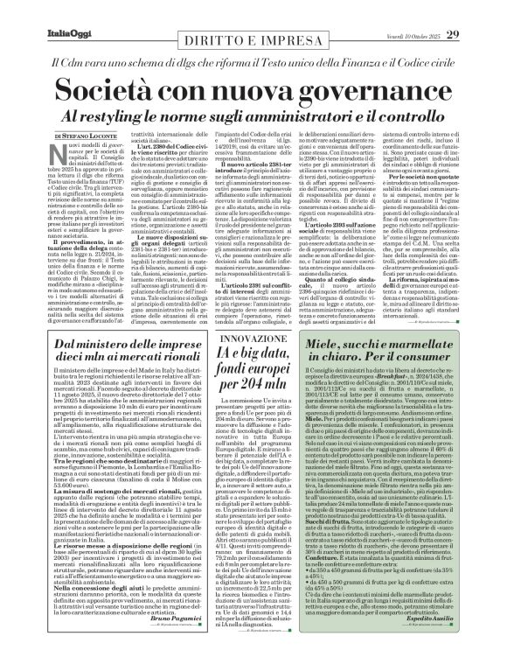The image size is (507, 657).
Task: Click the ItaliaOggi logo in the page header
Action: coord(40,10)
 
